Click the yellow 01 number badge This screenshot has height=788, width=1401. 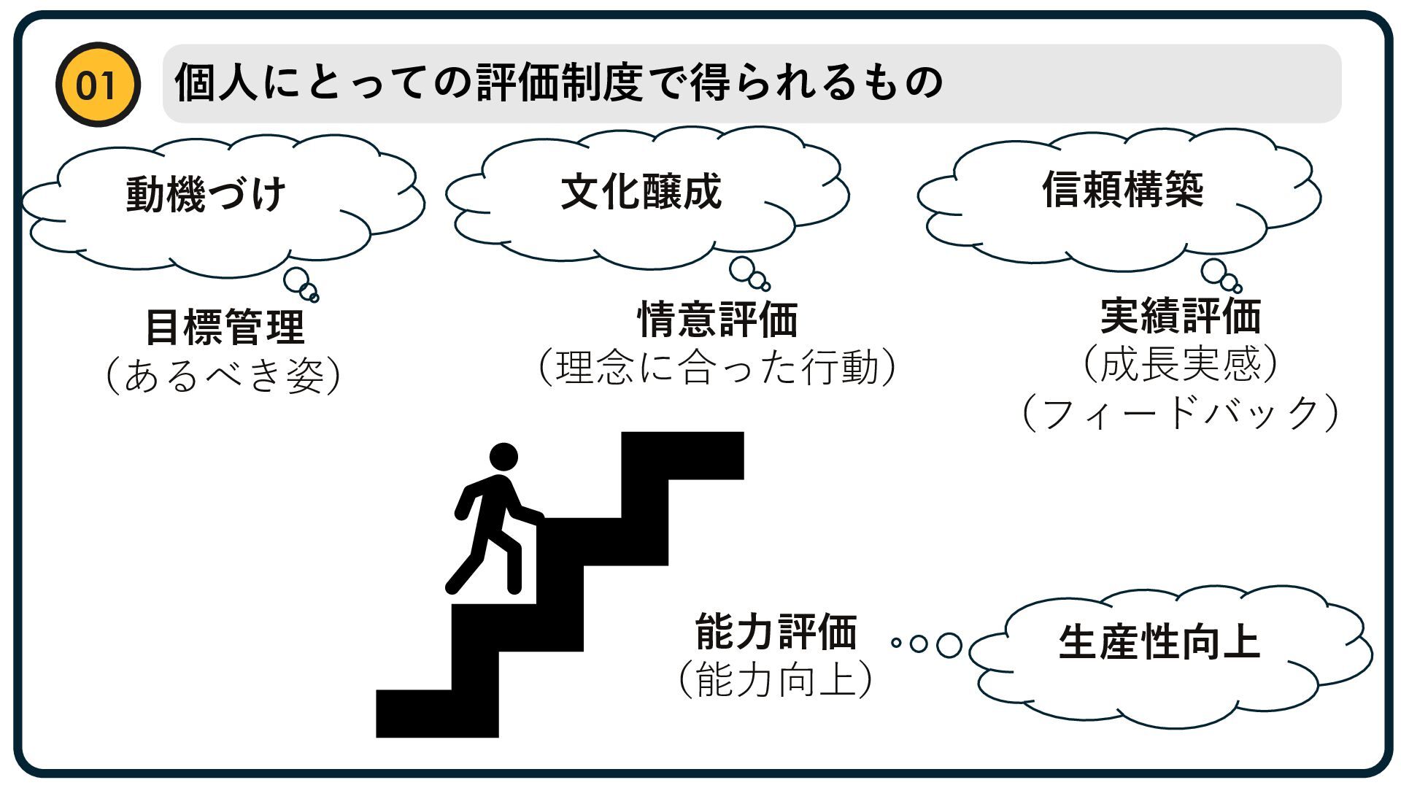[97, 85]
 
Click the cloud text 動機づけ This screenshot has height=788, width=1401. [206, 194]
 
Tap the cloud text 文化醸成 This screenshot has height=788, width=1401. [641, 191]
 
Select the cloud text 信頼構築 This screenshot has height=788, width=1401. [1122, 189]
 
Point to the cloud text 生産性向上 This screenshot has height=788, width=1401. [1159, 643]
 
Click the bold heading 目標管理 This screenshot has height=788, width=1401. [225, 327]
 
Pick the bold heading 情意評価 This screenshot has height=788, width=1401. [718, 319]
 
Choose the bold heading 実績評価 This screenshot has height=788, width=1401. [1181, 315]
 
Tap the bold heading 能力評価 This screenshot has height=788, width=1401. [776, 631]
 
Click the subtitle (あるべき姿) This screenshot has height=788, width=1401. [223, 376]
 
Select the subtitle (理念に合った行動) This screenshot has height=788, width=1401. [717, 367]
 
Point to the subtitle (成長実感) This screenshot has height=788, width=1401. [1181, 364]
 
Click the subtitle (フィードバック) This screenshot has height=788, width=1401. [1181, 413]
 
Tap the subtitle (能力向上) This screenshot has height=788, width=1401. [775, 679]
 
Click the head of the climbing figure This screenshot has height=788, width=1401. [503, 457]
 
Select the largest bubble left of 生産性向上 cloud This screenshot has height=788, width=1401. [949, 645]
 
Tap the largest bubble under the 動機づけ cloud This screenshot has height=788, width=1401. [297, 279]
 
